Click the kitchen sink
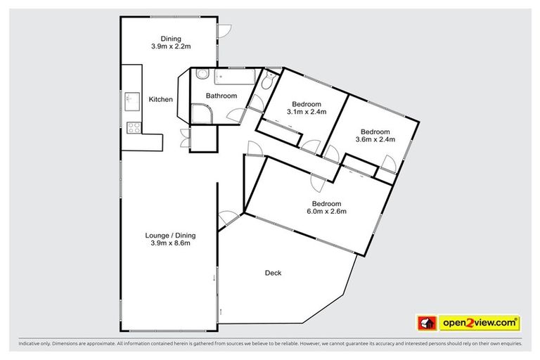[x=131, y=99]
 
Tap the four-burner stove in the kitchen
[x=131, y=127]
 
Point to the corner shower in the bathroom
[x=202, y=112]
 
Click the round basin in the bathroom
[x=201, y=74]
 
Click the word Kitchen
[x=160, y=100]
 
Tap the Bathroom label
[x=221, y=96]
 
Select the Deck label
[x=273, y=273]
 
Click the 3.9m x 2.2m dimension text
[x=171, y=46]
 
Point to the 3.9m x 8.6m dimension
[x=171, y=243]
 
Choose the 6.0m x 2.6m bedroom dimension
[x=326, y=210]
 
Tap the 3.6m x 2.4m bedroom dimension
[x=375, y=139]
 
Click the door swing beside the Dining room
[x=224, y=31]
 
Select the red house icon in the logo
[x=426, y=323]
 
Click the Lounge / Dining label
[x=171, y=235]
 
